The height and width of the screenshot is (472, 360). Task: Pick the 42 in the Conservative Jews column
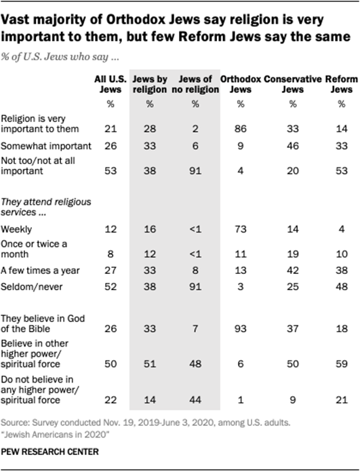coord(293,271)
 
